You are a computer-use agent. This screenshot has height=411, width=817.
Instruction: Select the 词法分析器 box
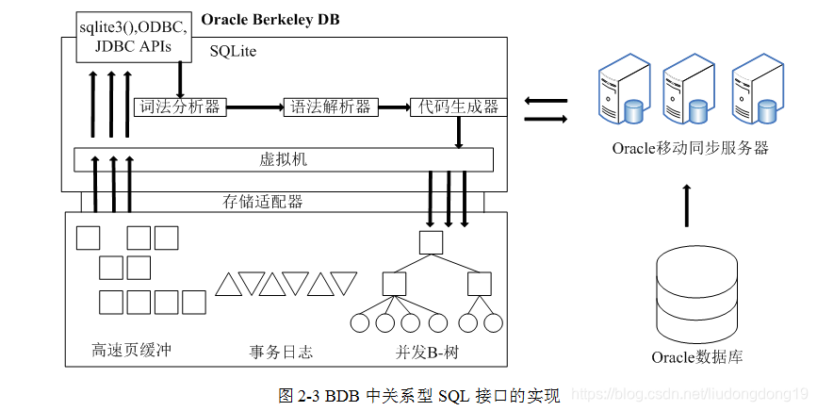(x=178, y=107)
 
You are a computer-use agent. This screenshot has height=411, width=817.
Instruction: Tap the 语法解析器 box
(x=328, y=107)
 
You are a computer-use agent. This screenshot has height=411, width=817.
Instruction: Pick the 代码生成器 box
(x=458, y=107)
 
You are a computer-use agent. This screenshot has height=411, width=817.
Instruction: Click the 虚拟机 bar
(x=284, y=159)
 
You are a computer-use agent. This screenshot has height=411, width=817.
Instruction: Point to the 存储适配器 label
(x=263, y=201)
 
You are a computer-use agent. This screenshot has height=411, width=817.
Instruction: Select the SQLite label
(x=233, y=51)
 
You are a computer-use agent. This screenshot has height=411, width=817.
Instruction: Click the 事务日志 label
(x=281, y=353)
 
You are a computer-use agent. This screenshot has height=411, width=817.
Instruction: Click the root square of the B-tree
(x=431, y=242)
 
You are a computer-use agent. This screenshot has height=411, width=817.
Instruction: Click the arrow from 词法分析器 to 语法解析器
(x=253, y=107)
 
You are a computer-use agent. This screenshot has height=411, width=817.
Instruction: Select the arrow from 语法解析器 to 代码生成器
(x=390, y=107)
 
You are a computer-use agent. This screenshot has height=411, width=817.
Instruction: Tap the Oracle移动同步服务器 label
(x=691, y=148)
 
